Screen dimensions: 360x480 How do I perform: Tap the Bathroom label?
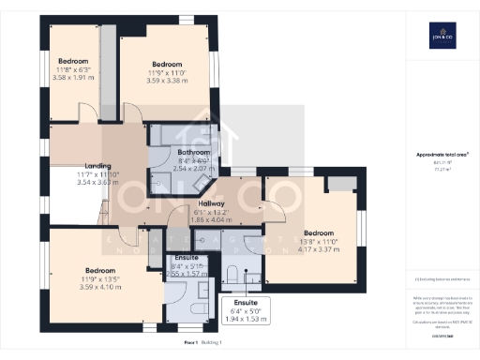click(x=194, y=152)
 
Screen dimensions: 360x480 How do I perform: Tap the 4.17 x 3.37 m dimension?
click(x=318, y=249)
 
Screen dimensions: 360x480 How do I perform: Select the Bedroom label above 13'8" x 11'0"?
click(x=318, y=232)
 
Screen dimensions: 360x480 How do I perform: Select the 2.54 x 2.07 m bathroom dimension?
click(x=194, y=169)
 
